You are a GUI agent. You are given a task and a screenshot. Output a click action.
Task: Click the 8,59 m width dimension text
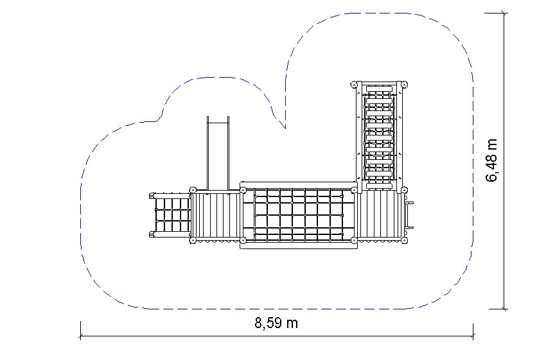click(x=276, y=324)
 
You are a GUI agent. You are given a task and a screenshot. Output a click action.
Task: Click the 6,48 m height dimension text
click(x=491, y=160)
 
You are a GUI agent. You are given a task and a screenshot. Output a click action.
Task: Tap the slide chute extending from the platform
click(x=218, y=153)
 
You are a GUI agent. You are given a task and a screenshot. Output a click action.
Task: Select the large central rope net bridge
click(x=299, y=215)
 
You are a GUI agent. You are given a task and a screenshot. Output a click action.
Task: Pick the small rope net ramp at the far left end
click(x=170, y=215)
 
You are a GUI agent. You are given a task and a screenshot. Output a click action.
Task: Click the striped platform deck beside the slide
click(x=216, y=216)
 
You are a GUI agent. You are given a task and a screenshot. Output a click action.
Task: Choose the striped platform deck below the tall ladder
click(x=379, y=215)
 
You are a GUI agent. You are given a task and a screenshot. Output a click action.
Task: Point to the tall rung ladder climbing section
click(x=379, y=136)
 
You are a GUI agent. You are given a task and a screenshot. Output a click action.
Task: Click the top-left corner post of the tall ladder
click(x=354, y=85)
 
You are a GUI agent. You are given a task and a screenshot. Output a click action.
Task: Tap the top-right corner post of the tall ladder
click(x=404, y=85)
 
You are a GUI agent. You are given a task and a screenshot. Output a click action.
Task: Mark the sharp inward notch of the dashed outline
click(x=286, y=128)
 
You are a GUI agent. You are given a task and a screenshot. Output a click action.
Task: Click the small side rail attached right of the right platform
click(x=409, y=215)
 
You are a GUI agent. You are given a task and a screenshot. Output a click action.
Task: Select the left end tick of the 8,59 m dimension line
click(x=80, y=336)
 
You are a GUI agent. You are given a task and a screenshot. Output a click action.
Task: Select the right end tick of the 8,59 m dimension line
click(x=473, y=336)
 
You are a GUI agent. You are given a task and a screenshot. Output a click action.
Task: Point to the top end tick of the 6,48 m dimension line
click(x=503, y=13)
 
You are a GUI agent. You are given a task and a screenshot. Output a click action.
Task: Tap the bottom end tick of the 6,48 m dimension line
click(x=503, y=309)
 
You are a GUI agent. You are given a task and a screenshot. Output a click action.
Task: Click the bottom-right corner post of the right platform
click(x=404, y=240)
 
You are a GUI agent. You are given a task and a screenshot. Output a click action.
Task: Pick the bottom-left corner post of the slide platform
click(x=193, y=240)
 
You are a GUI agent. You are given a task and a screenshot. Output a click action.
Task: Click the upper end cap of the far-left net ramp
click(x=152, y=196)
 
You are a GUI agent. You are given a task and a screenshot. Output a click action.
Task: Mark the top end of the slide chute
click(x=218, y=117)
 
